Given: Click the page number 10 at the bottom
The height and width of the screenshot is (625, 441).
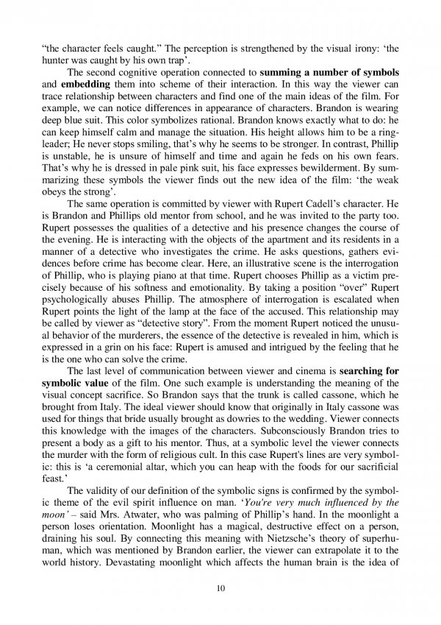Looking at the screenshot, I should [x=220, y=589].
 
